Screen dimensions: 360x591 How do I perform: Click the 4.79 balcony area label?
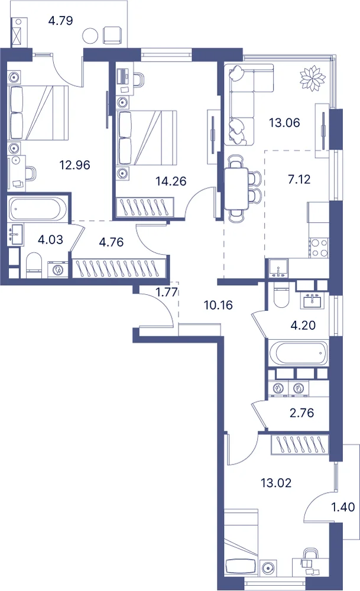point(60,20)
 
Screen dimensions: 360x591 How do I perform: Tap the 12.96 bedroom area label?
point(74,165)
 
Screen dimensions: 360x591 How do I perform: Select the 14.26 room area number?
point(171,181)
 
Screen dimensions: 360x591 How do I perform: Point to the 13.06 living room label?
point(284,122)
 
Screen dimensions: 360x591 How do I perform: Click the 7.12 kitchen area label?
point(299,179)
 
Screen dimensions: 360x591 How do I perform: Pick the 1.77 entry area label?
point(167,292)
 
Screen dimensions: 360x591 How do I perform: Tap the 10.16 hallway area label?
point(218,305)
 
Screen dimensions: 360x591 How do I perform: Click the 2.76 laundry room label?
point(302,413)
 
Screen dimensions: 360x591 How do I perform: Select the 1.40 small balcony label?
point(343,507)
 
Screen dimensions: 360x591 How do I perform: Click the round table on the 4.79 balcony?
point(90,36)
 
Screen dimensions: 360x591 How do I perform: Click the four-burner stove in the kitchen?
point(319,248)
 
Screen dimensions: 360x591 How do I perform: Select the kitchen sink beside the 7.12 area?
point(278,268)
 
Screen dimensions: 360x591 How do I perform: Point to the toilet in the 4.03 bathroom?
point(34,265)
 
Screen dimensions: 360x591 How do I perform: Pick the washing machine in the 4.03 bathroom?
point(57,270)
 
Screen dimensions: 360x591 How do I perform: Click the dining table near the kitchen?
point(236,189)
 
